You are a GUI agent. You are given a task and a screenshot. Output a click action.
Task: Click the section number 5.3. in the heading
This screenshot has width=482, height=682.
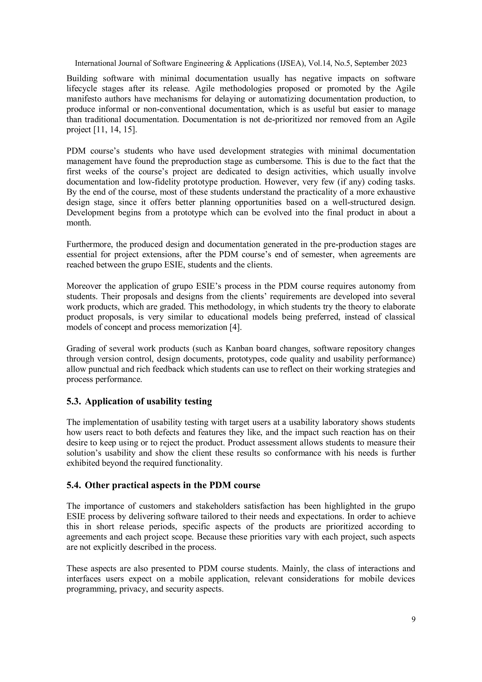point(74,401)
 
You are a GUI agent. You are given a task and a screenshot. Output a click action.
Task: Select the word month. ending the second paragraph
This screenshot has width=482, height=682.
point(78,223)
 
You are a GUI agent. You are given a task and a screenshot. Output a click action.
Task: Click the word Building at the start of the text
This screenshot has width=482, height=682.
point(82,78)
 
